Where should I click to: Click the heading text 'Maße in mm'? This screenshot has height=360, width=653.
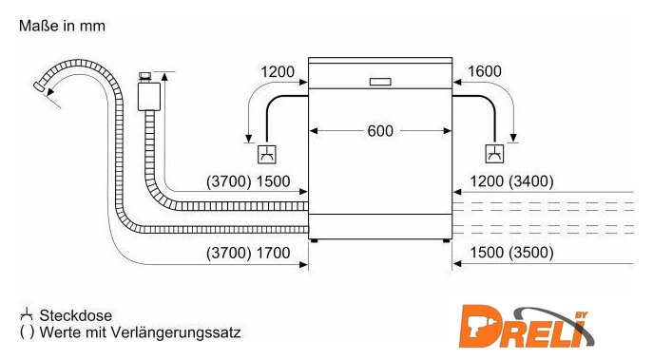tap(62, 26)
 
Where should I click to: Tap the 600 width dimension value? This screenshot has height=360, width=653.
tap(380, 131)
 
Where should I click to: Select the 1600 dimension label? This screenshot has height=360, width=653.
tap(485, 71)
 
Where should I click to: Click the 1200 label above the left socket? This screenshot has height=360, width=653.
tap(278, 71)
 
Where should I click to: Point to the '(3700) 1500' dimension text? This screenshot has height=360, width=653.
tap(248, 181)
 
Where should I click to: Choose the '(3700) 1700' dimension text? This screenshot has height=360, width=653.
tap(248, 253)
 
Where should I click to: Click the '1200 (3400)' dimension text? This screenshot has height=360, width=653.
tap(511, 181)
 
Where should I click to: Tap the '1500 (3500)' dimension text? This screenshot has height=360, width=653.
tap(511, 253)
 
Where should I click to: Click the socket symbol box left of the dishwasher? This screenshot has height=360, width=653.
tap(267, 154)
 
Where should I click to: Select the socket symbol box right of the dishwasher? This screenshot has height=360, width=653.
tap(495, 154)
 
